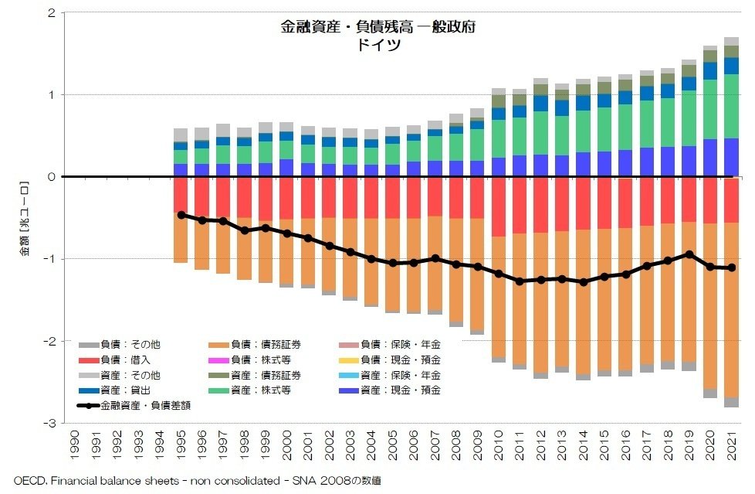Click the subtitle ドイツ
tap(377, 44)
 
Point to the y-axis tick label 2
tap(50, 13)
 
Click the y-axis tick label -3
tap(48, 423)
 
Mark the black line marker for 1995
tap(181, 215)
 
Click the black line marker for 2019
tap(689, 254)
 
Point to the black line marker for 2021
tap(731, 267)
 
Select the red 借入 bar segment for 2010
tap(499, 206)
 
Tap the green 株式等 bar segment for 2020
tap(709, 109)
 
